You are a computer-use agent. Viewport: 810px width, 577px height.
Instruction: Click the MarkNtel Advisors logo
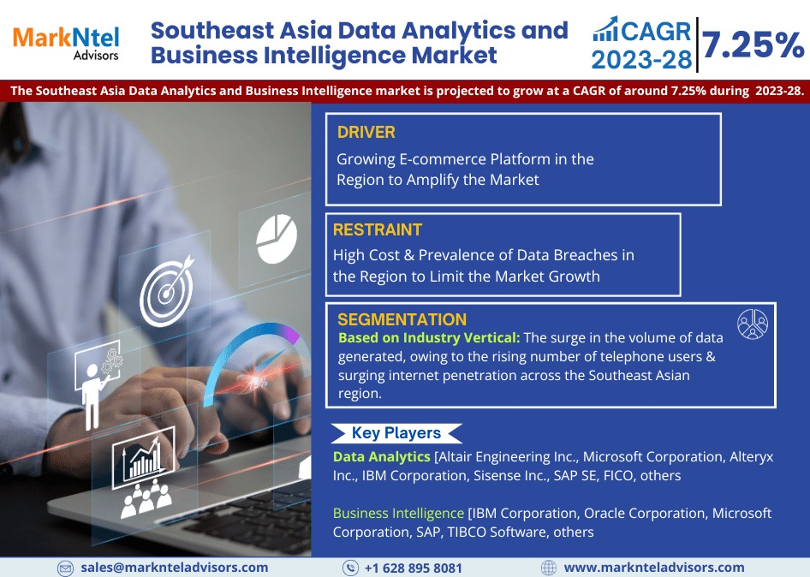tap(66, 43)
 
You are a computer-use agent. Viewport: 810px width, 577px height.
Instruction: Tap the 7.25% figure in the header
tap(753, 45)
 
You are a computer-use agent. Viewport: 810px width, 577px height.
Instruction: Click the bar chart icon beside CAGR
tap(605, 29)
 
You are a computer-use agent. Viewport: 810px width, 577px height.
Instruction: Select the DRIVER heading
tap(366, 132)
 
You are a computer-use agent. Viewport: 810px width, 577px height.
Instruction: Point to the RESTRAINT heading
tap(377, 229)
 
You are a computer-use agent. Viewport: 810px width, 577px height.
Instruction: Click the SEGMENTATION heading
tap(402, 319)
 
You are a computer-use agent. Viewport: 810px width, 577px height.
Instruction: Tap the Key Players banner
tap(396, 433)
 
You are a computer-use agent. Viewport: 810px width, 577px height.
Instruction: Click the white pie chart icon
tap(277, 239)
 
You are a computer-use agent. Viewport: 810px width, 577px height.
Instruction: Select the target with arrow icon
tap(167, 291)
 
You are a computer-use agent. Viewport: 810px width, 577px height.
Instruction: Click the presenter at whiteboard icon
tap(98, 384)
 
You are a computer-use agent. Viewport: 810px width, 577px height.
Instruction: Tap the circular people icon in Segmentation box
tap(752, 324)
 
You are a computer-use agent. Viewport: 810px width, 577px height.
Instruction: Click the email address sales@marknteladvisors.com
tap(175, 568)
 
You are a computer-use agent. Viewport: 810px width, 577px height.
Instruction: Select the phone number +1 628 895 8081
tap(414, 568)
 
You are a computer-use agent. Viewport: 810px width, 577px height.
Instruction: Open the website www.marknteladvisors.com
tap(654, 568)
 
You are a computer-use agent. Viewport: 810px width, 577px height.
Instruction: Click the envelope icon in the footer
tap(65, 568)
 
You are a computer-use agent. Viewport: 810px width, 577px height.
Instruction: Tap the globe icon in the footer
tap(548, 568)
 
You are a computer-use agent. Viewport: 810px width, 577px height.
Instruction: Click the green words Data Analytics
tap(381, 456)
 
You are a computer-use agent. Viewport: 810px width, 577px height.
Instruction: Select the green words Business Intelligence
tap(398, 513)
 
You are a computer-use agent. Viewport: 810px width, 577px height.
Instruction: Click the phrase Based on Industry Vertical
tap(429, 338)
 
